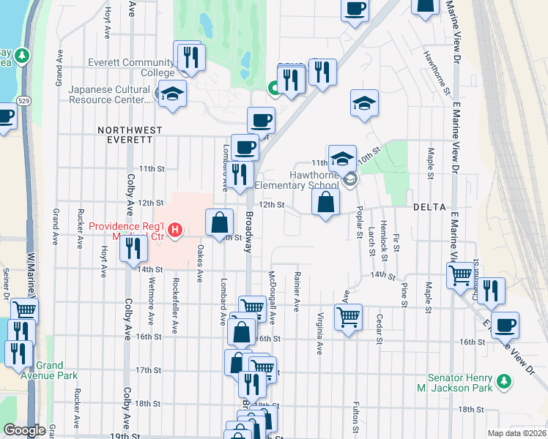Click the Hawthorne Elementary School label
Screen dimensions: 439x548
(304, 180)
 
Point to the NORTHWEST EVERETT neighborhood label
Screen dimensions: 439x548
(130, 130)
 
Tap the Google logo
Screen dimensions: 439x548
(24, 430)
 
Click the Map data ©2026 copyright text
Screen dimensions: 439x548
(516, 433)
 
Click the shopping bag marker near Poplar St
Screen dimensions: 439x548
(325, 202)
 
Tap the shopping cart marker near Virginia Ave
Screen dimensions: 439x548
(348, 317)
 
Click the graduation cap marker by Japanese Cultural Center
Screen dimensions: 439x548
(172, 94)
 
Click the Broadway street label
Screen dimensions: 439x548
(250, 233)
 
